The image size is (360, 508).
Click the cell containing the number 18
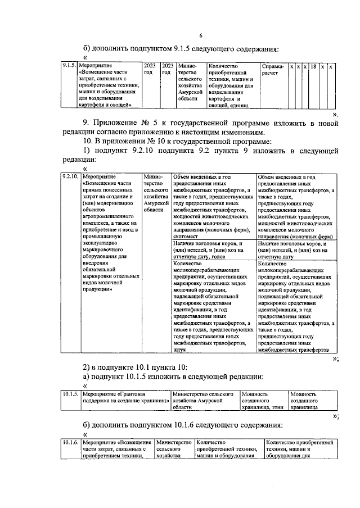(x=313, y=66)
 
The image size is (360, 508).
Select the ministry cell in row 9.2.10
(x=155, y=193)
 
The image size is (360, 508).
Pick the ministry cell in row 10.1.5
(x=205, y=401)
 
